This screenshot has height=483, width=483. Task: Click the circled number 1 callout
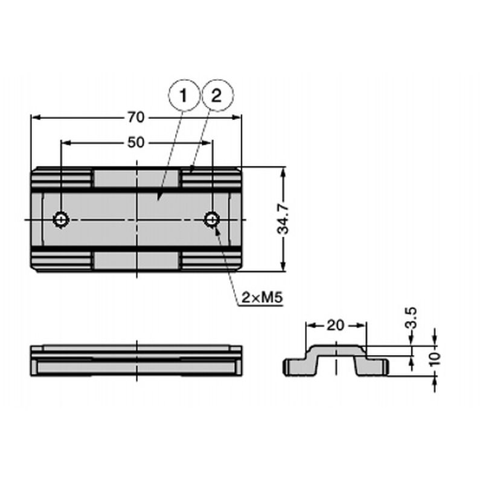184,95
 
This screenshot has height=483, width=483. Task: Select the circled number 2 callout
217,95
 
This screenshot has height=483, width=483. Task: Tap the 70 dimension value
136,117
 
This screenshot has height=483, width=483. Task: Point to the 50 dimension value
136,142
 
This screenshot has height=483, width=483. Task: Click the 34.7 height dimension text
283,219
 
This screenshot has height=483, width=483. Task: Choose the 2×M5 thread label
262,298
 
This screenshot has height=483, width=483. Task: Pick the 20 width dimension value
335,325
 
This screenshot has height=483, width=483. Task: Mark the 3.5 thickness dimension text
412,318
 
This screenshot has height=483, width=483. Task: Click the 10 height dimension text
435,359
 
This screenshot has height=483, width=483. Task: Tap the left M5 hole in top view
62,220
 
